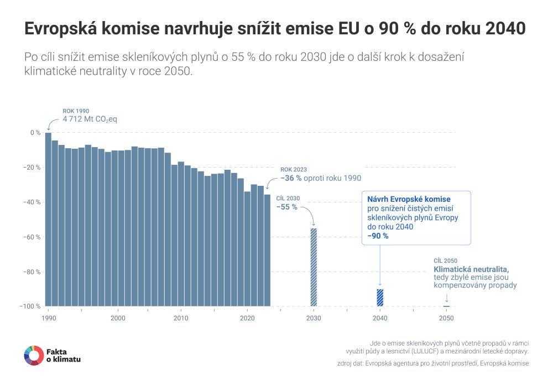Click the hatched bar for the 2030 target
click(314, 267)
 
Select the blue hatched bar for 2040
click(380, 298)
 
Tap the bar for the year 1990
click(48, 219)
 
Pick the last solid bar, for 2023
click(267, 250)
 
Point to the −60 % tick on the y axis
click(34, 237)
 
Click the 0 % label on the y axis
click(35, 133)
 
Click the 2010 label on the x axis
click(180, 319)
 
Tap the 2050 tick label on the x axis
click(446, 319)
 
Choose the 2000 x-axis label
click(117, 319)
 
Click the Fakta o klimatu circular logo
click(34, 356)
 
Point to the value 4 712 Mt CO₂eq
click(90, 119)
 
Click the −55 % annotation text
click(287, 207)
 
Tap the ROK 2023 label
click(293, 169)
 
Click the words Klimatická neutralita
click(471, 269)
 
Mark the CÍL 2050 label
click(446, 260)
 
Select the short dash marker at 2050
click(446, 306)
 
